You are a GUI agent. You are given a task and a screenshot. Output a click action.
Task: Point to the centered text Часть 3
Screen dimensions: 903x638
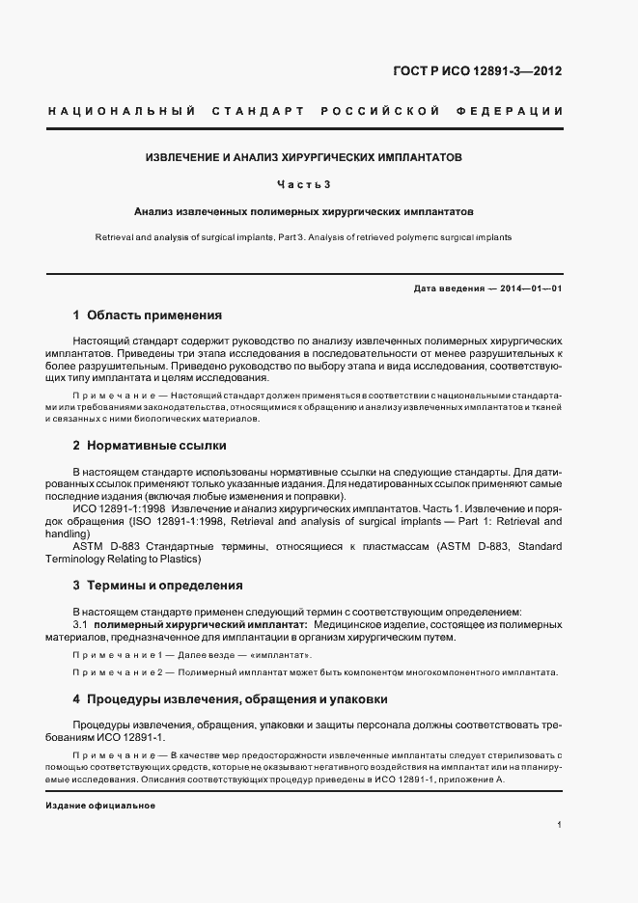pos(304,183)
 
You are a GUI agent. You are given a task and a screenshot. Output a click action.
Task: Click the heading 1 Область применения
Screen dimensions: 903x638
pos(148,315)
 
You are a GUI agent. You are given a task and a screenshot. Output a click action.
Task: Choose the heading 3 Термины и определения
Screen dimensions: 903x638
pos(157,586)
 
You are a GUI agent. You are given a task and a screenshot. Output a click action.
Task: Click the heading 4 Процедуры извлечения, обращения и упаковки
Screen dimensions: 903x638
pos(231,698)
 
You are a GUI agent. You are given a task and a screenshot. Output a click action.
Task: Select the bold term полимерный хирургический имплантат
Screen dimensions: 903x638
pos(187,625)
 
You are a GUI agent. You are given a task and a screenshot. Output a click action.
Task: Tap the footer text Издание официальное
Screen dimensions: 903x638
pos(101,806)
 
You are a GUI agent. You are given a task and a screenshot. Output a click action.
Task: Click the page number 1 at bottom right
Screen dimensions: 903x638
pos(560,825)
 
